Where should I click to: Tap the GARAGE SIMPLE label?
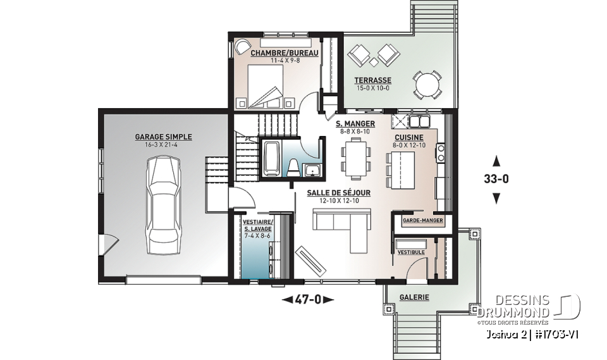(163, 137)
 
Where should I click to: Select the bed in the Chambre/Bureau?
(264, 87)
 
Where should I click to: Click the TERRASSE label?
(372, 80)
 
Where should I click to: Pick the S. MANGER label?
(355, 124)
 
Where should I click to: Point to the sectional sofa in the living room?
(344, 227)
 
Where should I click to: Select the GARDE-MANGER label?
(418, 220)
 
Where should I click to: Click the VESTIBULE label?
(411, 252)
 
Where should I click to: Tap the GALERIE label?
(414, 297)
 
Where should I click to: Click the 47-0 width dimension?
(307, 299)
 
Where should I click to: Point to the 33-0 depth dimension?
(496, 178)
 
